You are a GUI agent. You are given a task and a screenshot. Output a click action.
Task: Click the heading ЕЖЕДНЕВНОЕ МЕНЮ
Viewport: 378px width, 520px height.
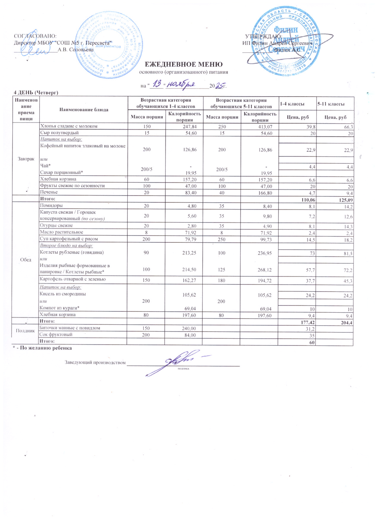click(183, 64)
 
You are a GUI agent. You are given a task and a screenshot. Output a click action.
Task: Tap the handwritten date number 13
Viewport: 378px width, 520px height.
click(157, 84)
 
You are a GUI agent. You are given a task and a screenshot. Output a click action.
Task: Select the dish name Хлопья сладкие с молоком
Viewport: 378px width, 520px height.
click(69, 126)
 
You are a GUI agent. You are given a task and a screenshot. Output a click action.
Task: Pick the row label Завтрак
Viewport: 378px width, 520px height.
click(26, 159)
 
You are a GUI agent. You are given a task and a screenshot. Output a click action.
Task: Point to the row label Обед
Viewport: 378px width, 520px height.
click(26, 259)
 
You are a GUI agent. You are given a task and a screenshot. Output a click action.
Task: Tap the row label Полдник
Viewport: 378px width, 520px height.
click(25, 331)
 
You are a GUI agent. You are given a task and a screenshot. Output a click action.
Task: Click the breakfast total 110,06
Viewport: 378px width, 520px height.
click(307, 200)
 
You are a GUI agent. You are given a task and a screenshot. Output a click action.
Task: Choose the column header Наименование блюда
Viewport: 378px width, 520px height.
click(84, 110)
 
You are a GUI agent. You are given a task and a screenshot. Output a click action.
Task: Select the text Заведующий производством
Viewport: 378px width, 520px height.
click(95, 362)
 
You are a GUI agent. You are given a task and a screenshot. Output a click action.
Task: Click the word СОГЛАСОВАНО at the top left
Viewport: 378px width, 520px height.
click(35, 36)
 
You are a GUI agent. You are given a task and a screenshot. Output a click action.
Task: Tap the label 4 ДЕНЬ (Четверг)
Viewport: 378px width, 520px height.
click(36, 93)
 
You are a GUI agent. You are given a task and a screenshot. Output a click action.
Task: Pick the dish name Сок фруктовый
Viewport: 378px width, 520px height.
click(56, 334)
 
